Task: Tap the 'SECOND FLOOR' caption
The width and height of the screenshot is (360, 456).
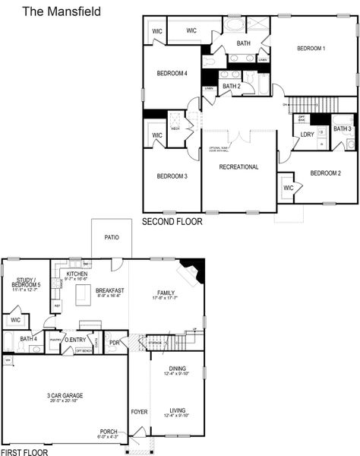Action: [x=172, y=222]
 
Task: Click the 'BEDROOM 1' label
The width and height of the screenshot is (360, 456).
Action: [x=311, y=49]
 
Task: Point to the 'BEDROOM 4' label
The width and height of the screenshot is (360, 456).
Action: [x=172, y=74]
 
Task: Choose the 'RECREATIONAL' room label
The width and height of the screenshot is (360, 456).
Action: [x=238, y=167]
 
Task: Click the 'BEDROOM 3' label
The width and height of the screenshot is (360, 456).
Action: [x=172, y=176]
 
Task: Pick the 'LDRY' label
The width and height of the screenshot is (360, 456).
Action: [x=307, y=135]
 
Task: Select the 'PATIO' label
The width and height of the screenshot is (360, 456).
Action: [x=112, y=237]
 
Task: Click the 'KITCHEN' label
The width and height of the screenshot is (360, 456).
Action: [x=77, y=274]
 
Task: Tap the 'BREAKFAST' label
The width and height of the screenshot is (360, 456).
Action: [x=110, y=290]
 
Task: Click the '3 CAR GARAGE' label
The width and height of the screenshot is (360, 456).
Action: [x=65, y=396]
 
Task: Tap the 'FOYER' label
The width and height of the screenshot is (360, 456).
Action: [x=139, y=412]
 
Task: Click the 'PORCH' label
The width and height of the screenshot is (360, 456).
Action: [x=109, y=431]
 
